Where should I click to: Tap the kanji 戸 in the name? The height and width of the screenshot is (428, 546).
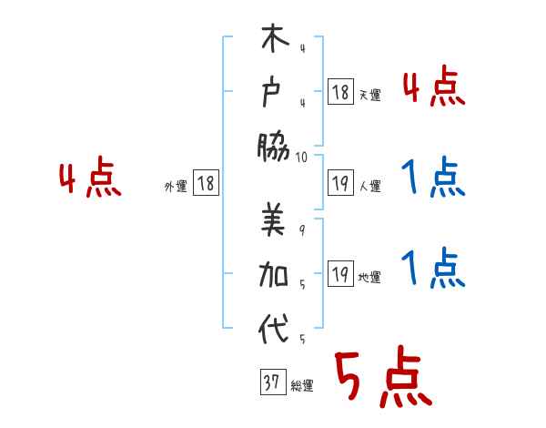click(x=274, y=93)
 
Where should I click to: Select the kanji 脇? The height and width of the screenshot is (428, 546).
click(x=274, y=144)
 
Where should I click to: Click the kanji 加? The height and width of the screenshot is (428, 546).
click(x=274, y=275)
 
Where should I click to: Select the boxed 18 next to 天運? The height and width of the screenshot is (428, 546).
click(x=340, y=91)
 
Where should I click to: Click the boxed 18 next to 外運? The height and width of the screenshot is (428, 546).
click(x=206, y=184)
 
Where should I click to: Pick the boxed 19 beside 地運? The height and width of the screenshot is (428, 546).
click(x=340, y=275)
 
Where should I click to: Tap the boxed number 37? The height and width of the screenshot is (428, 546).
click(x=271, y=383)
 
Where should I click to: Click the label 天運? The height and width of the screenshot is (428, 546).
click(x=369, y=95)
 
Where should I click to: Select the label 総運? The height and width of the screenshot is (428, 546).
click(x=301, y=386)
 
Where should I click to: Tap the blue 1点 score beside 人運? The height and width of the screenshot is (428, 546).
click(x=430, y=178)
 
